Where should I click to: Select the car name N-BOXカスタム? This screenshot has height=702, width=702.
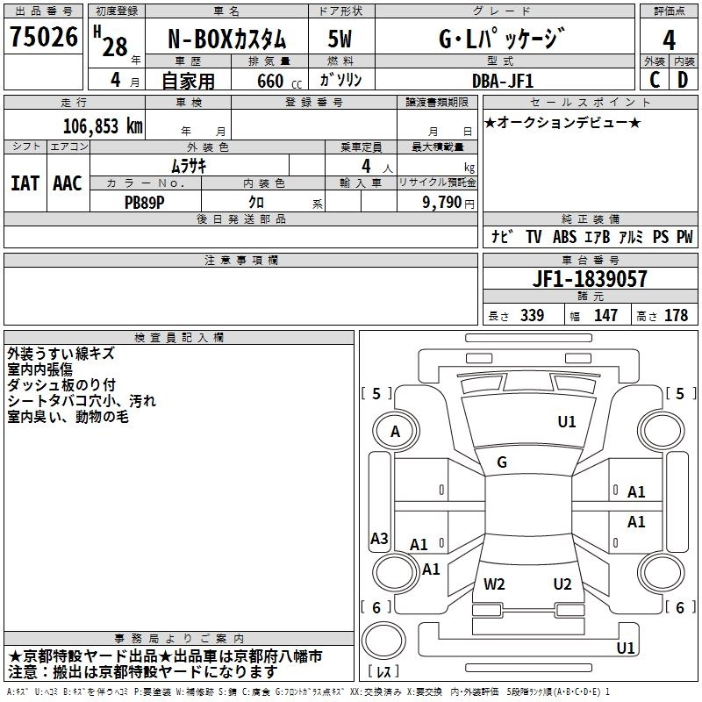click(x=226, y=39)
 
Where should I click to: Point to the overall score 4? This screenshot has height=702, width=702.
click(x=669, y=39)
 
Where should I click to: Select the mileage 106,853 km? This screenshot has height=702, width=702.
click(x=103, y=126)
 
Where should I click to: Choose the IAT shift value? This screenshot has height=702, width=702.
click(x=25, y=183)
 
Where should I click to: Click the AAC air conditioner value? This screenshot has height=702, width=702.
click(x=68, y=183)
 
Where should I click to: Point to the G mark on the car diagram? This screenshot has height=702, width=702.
click(x=502, y=462)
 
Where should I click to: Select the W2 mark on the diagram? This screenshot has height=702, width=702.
click(x=494, y=584)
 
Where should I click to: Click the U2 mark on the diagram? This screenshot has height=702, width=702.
click(x=562, y=584)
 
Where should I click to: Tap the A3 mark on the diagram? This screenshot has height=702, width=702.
click(x=379, y=539)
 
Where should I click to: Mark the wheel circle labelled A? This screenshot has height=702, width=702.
click(x=395, y=431)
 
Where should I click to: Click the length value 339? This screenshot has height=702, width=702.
click(x=532, y=316)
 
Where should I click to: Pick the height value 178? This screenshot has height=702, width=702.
click(x=676, y=316)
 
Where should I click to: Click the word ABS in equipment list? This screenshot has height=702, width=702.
click(x=564, y=237)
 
